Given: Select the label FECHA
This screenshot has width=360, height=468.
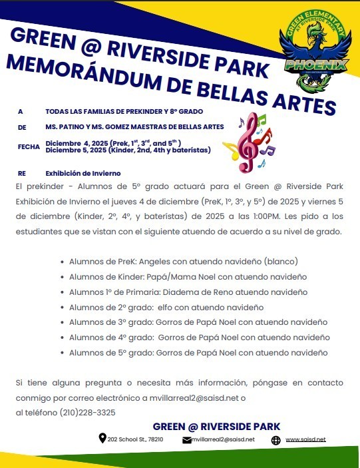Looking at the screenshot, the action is [29, 146].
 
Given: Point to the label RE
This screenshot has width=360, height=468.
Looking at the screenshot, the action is [21, 172].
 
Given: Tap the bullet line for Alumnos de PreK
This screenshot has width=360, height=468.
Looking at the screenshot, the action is [183, 262].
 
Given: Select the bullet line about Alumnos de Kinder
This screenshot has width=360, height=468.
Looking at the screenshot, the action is [188, 277].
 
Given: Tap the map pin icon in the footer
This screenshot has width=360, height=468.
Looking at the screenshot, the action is [102, 438].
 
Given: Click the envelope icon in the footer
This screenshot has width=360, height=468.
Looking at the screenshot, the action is [186, 439].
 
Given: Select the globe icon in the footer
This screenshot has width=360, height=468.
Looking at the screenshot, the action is [276, 440].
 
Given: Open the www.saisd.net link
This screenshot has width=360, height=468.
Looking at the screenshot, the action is [305, 439].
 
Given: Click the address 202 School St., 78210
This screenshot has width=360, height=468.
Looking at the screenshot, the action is [135, 439].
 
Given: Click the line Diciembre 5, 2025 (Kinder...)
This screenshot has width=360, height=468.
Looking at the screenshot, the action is [128, 150].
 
